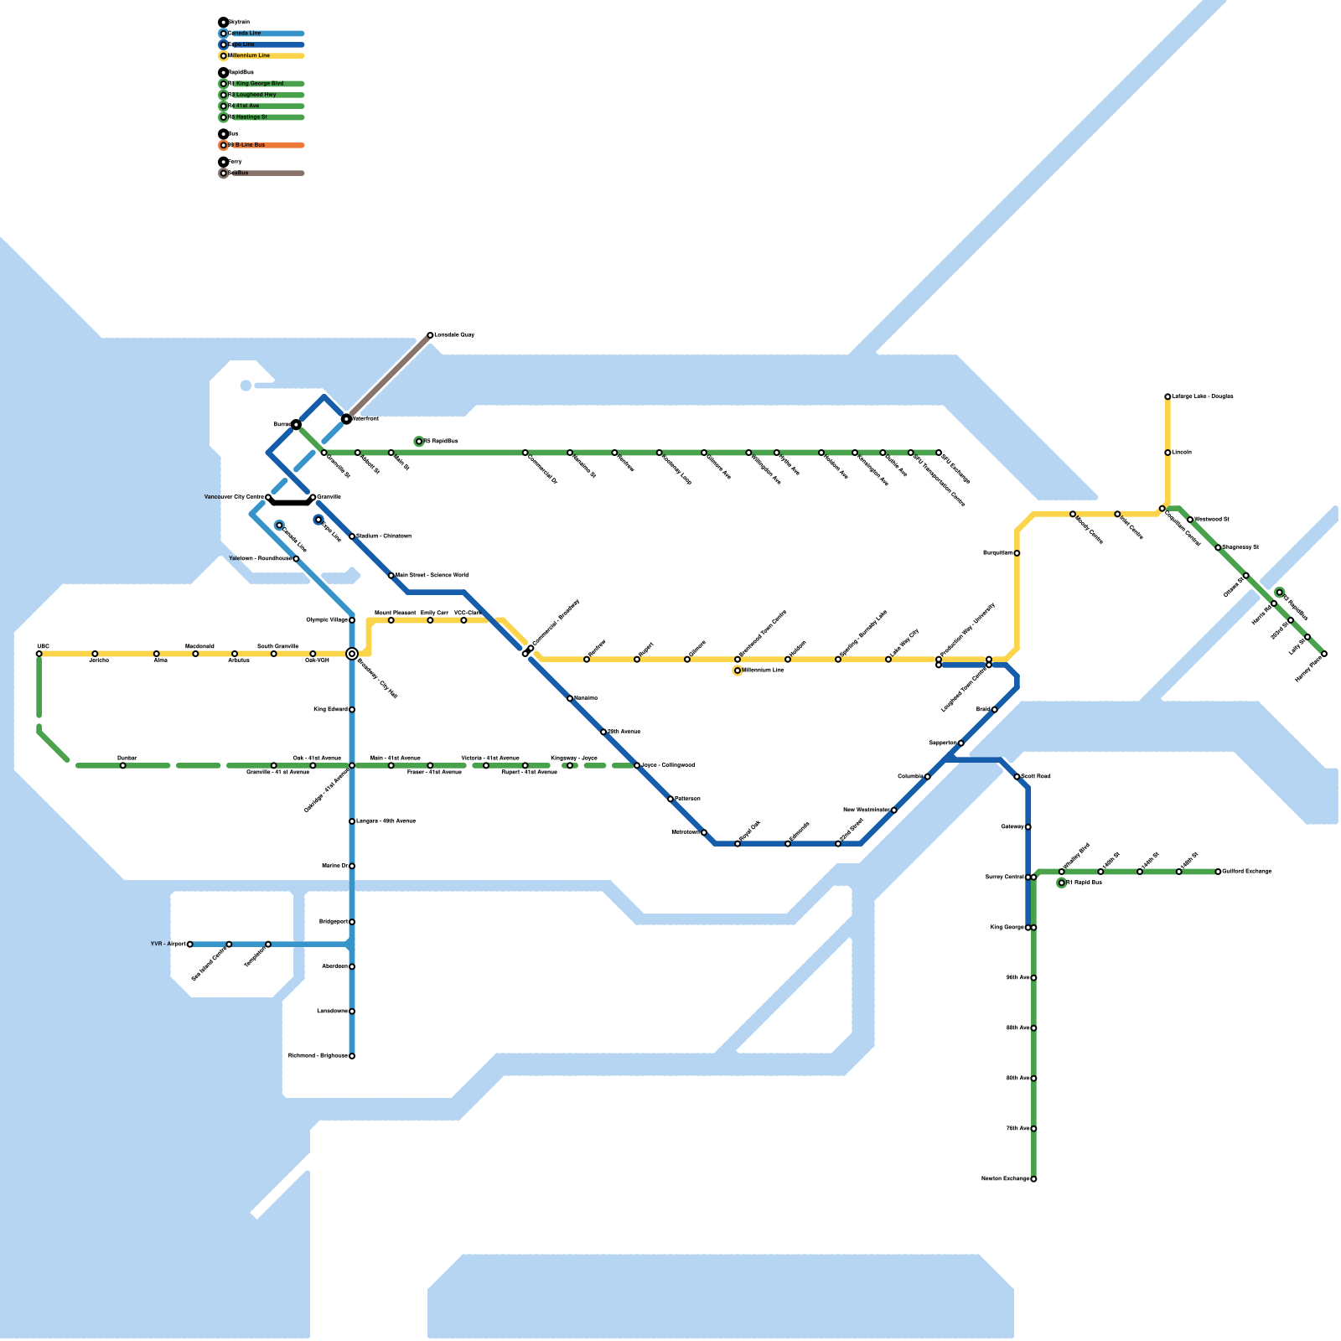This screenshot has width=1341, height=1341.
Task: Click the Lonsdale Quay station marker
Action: click(430, 335)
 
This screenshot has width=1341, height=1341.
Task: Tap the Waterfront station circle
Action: click(346, 418)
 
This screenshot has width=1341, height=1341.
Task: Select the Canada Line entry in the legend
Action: click(261, 34)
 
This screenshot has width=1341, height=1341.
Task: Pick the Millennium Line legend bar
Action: click(261, 56)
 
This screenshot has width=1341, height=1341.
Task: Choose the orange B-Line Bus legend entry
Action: click(261, 145)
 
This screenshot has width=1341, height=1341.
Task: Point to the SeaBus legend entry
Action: click(261, 173)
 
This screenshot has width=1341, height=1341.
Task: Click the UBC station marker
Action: click(39, 654)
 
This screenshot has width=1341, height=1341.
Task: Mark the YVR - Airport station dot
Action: click(190, 945)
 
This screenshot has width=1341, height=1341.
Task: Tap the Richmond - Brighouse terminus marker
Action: click(352, 1056)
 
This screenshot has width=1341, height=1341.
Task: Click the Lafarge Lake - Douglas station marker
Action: click(1168, 396)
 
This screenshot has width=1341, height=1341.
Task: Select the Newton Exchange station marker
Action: click(1033, 1179)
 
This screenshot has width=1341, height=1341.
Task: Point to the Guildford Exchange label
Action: click(1247, 872)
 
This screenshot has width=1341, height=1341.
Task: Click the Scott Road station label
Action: click(1036, 777)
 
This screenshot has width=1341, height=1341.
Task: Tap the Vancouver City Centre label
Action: click(234, 497)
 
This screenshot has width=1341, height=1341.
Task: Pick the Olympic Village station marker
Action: click(352, 620)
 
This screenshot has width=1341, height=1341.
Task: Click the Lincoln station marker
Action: click(1168, 453)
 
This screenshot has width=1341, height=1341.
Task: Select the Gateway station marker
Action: click(1028, 827)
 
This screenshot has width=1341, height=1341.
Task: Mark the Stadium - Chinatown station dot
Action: click(352, 536)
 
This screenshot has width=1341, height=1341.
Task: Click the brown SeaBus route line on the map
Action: click(388, 377)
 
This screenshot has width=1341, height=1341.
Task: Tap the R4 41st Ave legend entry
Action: click(261, 106)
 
